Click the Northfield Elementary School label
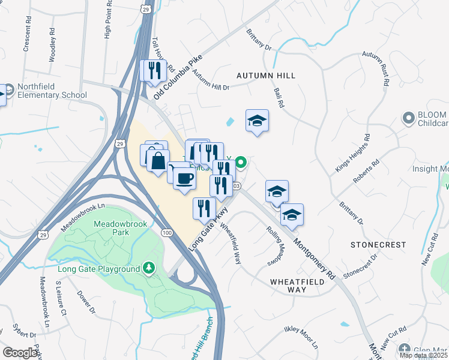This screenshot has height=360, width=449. [x=52, y=91]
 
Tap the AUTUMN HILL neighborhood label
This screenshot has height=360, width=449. [x=266, y=76]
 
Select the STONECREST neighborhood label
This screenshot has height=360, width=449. [x=378, y=245]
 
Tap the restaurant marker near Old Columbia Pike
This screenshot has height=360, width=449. [x=152, y=71]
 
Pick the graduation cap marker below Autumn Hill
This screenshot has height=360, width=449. [x=257, y=121]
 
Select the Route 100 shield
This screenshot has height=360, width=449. [x=166, y=232]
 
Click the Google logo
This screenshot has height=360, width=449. [x=20, y=353]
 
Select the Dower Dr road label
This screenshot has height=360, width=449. [x=86, y=302]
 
